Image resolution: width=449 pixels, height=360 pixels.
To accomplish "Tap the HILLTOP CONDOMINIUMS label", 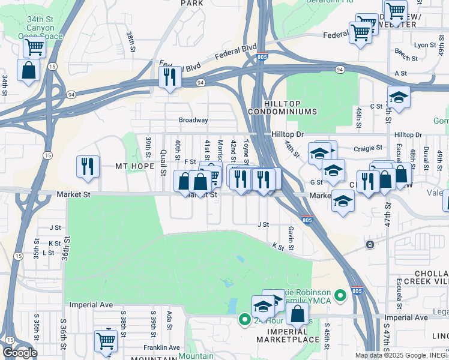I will click(x=282, y=107).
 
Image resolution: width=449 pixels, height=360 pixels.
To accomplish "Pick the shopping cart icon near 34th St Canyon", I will click(x=35, y=46).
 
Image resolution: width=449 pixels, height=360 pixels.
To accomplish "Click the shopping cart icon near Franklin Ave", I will click(x=106, y=340).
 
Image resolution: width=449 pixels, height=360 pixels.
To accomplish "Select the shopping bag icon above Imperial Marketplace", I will click(x=297, y=313).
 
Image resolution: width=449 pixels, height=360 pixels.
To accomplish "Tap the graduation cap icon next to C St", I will click(x=399, y=96).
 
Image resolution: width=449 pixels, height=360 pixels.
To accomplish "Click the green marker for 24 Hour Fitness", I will click(x=244, y=319).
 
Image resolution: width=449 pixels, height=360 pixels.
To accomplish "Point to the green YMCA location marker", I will click(x=341, y=295).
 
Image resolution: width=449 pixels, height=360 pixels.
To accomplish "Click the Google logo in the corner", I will click(x=20, y=353).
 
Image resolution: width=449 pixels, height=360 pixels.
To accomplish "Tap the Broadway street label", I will click(x=193, y=120).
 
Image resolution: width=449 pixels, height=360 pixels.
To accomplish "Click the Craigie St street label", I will click(x=369, y=148).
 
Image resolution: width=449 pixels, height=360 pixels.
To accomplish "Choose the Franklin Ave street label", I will click(x=161, y=347).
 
